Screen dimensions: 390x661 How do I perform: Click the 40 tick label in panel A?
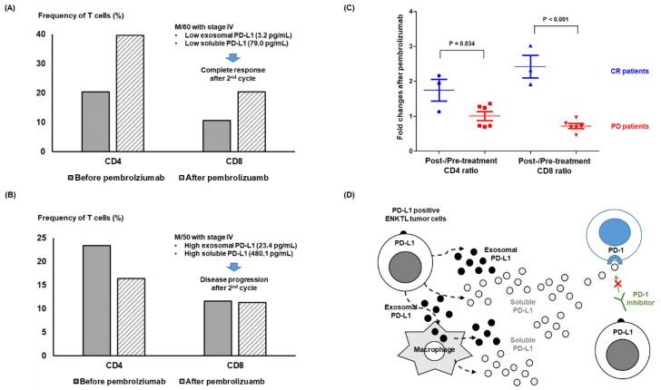[39, 34]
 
